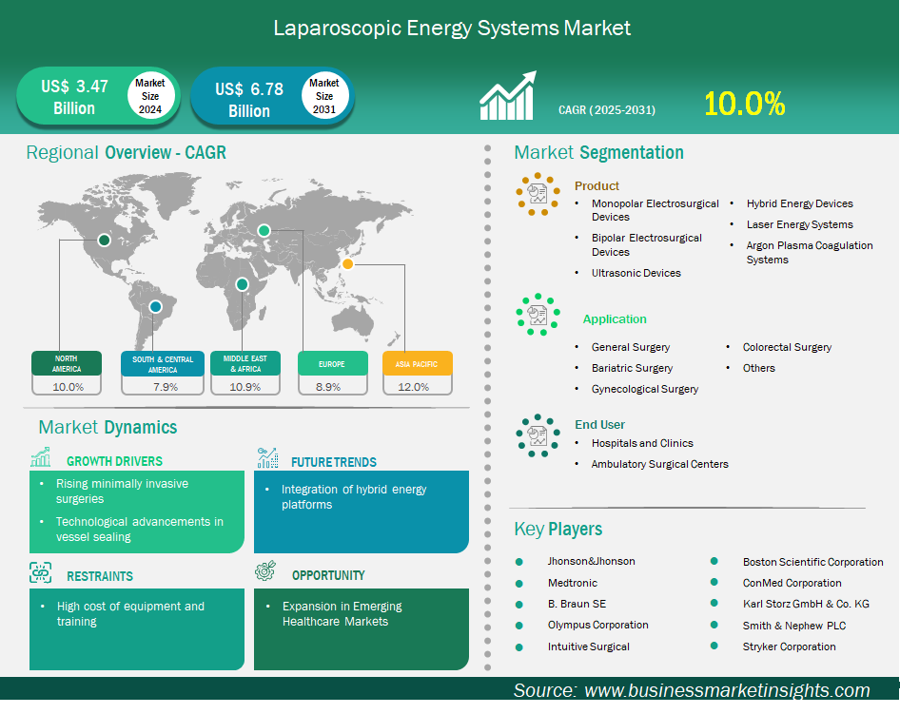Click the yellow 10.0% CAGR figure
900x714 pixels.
point(745,105)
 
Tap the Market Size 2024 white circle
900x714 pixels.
point(150,96)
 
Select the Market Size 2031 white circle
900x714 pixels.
point(324,96)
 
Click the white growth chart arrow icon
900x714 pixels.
point(508,95)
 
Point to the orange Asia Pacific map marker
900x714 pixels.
point(347,263)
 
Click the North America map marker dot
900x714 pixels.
point(104,240)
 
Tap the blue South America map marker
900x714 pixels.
point(155,307)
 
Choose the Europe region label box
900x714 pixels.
point(332,363)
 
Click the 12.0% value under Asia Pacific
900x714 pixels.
point(413,387)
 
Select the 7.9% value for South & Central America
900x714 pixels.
point(166,387)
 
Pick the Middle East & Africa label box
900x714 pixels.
point(245,363)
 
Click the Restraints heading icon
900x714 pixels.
point(40,572)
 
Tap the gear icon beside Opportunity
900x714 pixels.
point(265,570)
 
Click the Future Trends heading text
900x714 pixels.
point(334,462)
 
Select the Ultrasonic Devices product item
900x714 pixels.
point(636,273)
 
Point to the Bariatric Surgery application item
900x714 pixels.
point(632,368)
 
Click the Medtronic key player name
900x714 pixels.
point(573,583)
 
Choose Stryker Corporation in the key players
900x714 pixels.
point(789,646)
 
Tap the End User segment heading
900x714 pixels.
point(599,424)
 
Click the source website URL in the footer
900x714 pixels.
point(727,690)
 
